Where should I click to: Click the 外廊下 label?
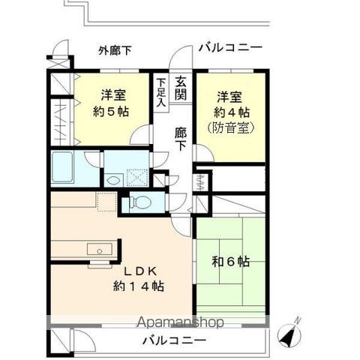[x=115, y=51]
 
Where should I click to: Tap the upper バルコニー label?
[x=230, y=48]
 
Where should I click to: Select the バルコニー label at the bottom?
[x=174, y=340]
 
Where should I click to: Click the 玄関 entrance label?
[x=181, y=88]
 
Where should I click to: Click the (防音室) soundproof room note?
[x=230, y=128]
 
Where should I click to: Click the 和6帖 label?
[x=231, y=262]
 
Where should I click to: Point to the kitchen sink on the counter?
[x=96, y=249]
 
